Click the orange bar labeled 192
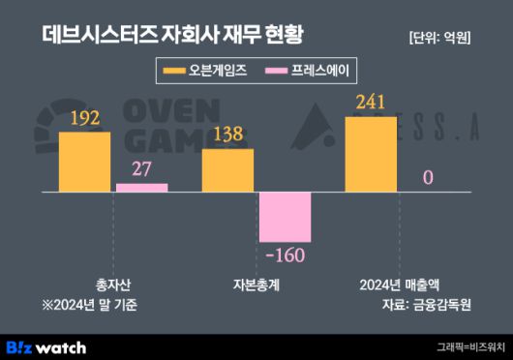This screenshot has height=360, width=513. tap(85, 162)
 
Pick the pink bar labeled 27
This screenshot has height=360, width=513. tap(142, 188)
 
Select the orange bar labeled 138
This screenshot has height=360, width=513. tap(228, 170)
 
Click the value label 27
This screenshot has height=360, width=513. tap(142, 169)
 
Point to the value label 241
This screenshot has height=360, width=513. tap(371, 102)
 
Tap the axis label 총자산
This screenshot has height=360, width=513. tap(113, 285)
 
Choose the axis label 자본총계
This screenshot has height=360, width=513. tap(256, 285)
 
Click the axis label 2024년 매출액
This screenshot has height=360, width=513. tap(399, 285)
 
